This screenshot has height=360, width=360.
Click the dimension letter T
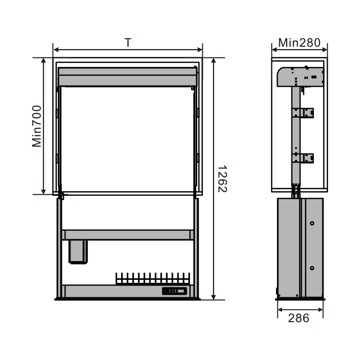tap(128, 43)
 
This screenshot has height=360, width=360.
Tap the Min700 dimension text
tap(37, 126)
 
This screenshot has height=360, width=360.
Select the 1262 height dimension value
tap(222, 178)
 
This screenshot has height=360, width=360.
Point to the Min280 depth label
tap(299, 43)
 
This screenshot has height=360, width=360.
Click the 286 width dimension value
tap(299, 318)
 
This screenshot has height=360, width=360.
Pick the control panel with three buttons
tap(174, 291)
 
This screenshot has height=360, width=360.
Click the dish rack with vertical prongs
tap(153, 278)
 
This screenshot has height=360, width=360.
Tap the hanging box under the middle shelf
tap(78, 252)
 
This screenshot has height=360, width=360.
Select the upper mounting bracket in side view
tap(303, 113)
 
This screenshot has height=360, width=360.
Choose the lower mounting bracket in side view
tap(303, 158)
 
